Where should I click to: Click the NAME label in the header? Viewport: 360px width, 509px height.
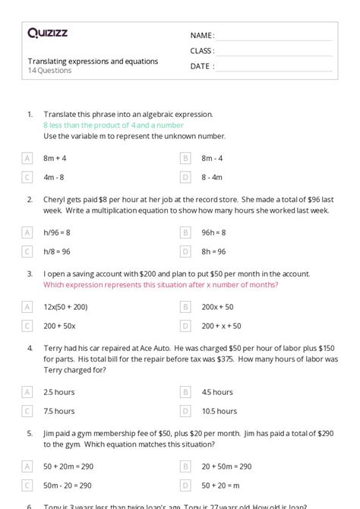202,35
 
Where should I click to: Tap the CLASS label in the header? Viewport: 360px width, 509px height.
202,51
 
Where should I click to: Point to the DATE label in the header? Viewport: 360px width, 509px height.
201,66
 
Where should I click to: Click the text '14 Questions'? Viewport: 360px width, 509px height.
49,71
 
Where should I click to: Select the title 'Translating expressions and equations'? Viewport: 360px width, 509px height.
93,61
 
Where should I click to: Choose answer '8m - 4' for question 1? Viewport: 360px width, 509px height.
212,158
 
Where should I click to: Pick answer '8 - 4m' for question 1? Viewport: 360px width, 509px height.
212,177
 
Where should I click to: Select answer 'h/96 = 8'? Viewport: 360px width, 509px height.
58,232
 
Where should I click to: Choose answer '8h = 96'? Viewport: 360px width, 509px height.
213,251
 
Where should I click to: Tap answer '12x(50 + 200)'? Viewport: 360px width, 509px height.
66,307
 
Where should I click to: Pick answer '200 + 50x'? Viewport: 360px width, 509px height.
58,326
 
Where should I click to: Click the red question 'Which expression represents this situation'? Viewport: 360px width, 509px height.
160,285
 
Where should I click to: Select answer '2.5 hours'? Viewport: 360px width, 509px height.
59,392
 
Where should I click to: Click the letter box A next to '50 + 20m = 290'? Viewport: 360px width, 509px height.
27,466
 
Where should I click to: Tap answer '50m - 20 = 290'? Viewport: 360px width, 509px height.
68,485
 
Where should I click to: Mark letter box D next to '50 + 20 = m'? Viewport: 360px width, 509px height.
185,485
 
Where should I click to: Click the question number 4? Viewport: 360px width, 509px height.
30,347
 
